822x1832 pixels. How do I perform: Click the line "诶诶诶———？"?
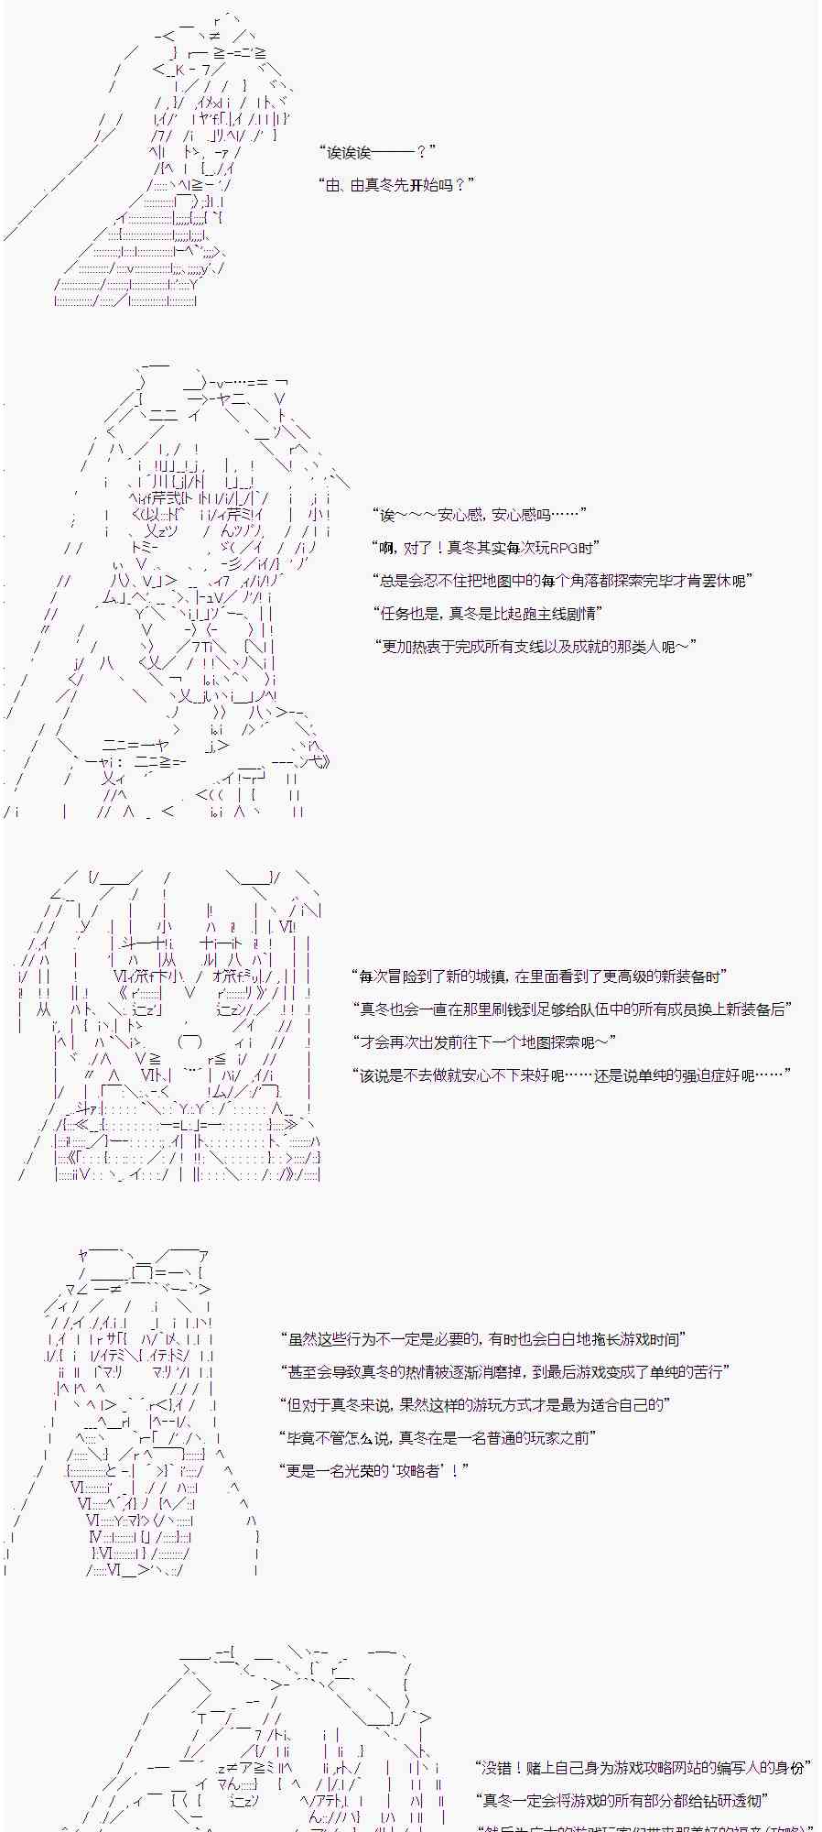point(376,152)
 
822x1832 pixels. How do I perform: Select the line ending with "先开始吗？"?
point(395,185)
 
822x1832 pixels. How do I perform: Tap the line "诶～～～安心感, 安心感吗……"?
point(479,515)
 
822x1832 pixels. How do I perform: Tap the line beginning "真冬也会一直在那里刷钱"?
point(572,1009)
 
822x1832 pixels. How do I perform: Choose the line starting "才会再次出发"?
point(484,1042)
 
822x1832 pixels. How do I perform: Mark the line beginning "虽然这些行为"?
point(483,1339)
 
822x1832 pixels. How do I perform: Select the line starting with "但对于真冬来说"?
point(475,1405)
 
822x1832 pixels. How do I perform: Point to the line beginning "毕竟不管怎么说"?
point(438,1438)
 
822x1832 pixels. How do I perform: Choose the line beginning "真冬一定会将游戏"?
point(622,1801)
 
